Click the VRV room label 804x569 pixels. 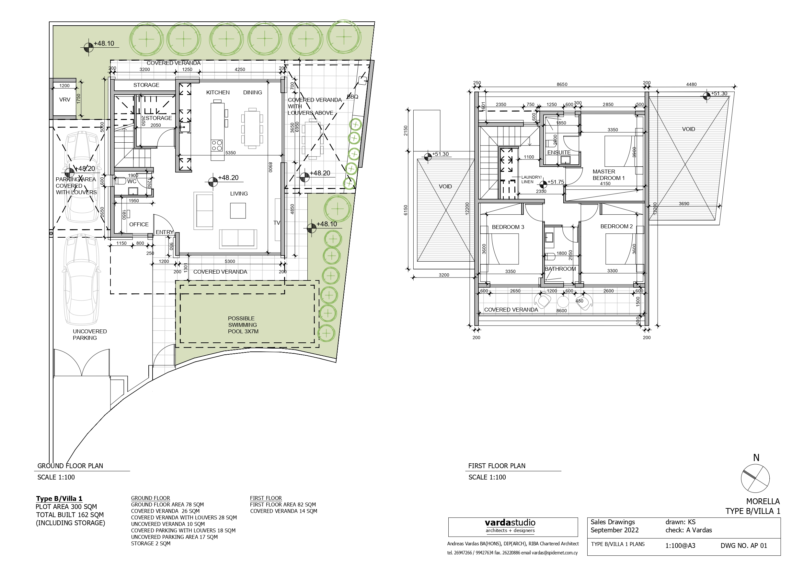point(64,100)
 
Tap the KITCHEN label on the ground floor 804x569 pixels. point(218,92)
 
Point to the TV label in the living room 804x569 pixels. point(277,223)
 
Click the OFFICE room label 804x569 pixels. point(139,224)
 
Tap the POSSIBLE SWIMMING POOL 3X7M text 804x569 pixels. point(243,325)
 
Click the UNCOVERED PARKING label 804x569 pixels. point(90,335)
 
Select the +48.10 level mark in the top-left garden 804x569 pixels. point(104,44)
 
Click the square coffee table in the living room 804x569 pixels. point(238,211)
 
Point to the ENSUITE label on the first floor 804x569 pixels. point(559,152)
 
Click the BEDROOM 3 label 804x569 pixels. point(508,227)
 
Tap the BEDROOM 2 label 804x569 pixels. point(616,227)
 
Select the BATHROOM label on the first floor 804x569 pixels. point(560,269)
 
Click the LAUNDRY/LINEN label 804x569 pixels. point(531,180)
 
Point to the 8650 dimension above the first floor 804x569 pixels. point(562,85)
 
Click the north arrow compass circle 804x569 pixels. point(755,479)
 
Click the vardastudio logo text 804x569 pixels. point(510,523)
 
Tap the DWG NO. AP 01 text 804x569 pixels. point(744,546)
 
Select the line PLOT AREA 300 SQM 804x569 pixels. point(66,507)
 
